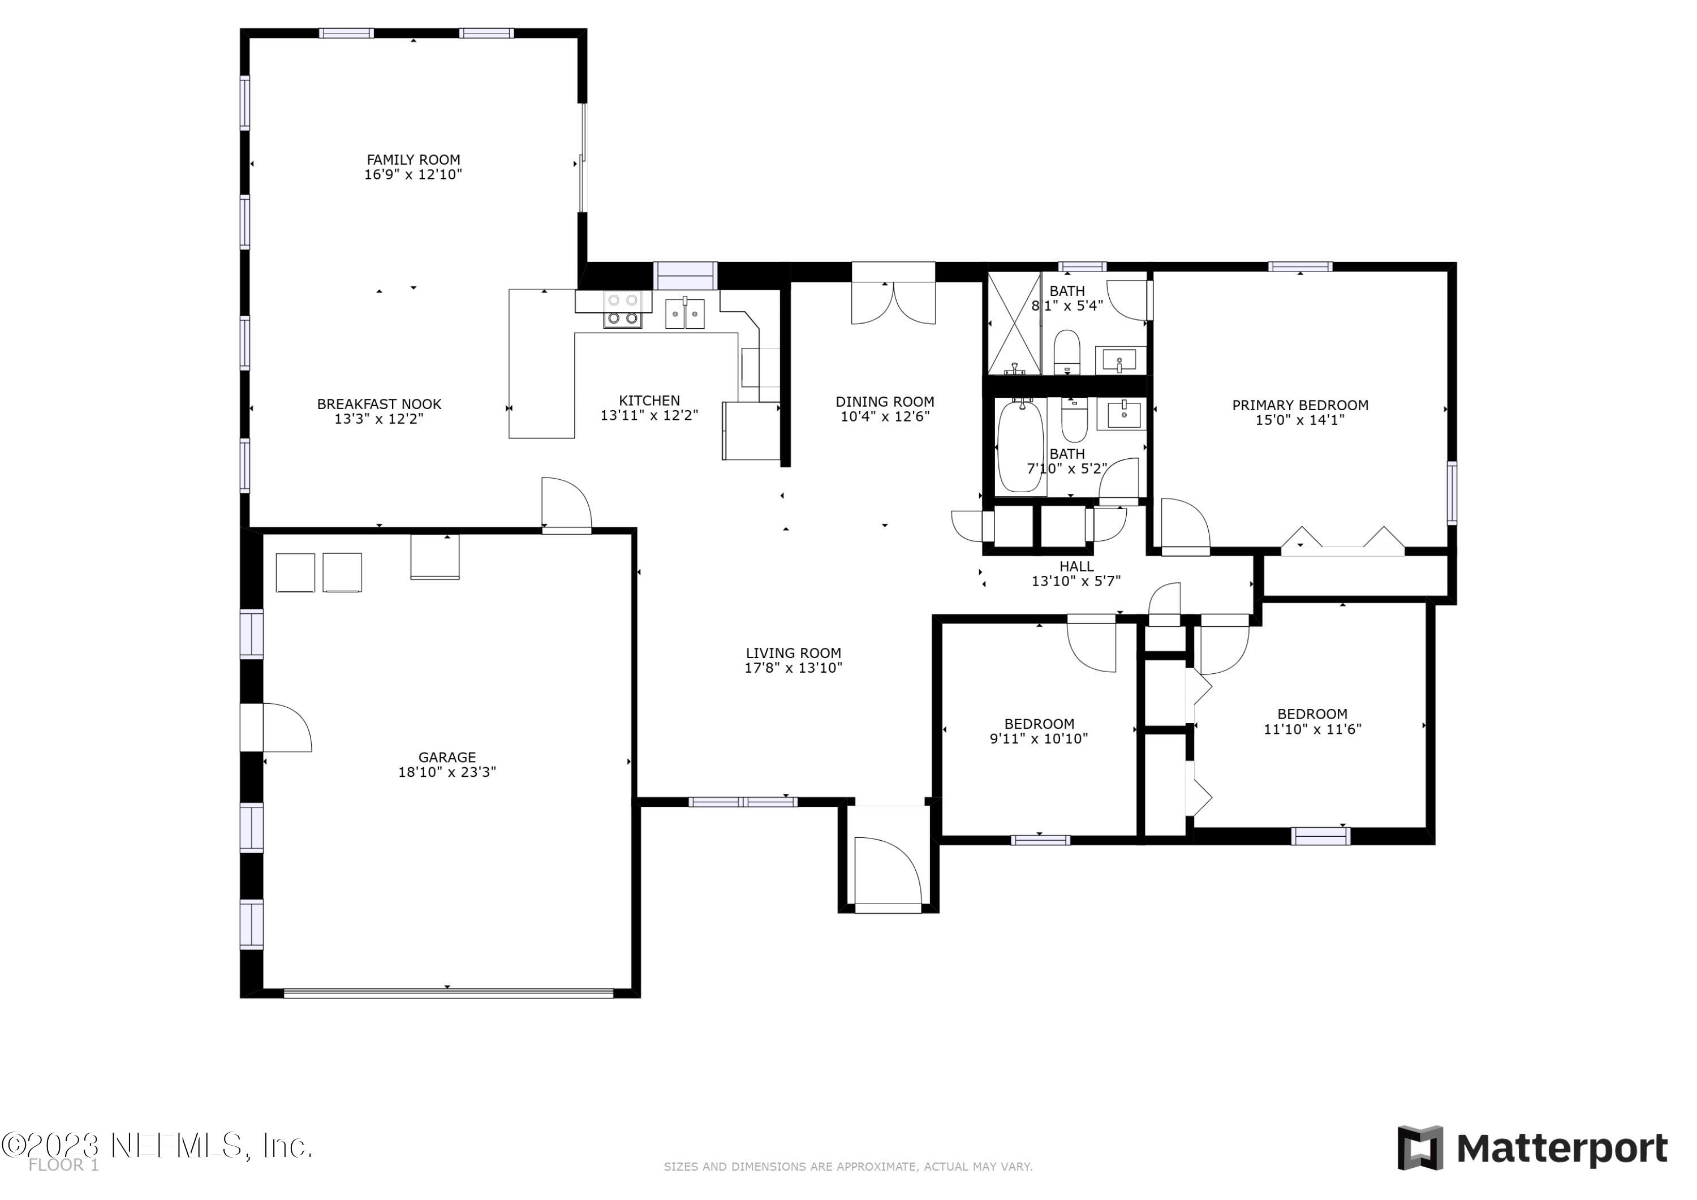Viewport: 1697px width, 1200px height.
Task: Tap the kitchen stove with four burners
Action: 622,309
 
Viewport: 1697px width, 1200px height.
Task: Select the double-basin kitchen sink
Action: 684,313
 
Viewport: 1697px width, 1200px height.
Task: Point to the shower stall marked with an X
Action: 1014,323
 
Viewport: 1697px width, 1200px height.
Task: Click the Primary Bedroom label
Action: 1299,405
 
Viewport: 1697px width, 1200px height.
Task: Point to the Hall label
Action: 1076,566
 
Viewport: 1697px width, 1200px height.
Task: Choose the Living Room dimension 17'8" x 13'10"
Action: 793,668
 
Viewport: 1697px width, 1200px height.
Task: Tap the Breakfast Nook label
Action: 379,405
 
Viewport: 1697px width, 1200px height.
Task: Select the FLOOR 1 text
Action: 63,1165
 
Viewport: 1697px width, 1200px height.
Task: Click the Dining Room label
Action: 885,402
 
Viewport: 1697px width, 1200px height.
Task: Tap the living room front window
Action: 743,802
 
